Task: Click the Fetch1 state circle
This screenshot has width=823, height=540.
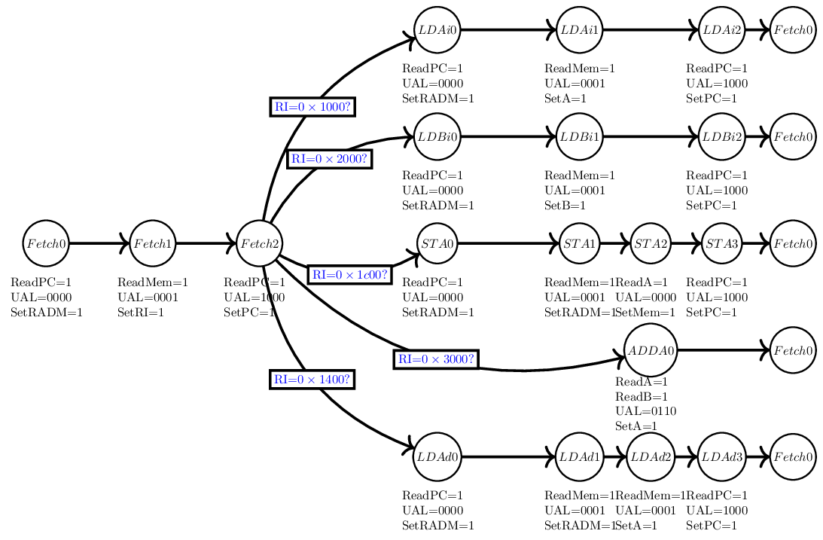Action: tap(153, 243)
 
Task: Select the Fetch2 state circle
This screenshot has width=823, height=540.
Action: tap(260, 243)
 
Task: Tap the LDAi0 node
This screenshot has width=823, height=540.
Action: tap(437, 30)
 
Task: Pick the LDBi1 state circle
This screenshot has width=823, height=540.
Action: tap(580, 137)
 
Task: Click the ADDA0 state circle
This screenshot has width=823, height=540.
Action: tap(651, 350)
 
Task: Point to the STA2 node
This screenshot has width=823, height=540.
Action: tap(651, 243)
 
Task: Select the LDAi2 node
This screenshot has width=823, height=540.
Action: tap(721, 30)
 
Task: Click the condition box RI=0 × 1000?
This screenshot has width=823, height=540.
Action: tap(312, 107)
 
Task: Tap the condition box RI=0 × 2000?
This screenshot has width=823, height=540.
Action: tap(331, 159)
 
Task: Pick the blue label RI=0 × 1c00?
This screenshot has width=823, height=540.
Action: tap(350, 275)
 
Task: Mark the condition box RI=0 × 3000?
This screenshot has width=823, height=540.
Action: tap(437, 359)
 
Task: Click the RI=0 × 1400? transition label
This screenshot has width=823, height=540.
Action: tap(312, 379)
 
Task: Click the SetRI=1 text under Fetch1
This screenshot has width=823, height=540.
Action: tap(141, 313)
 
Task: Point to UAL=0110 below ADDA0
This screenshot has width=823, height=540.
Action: tap(646, 411)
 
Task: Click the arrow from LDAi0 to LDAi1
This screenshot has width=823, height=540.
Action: tap(508, 30)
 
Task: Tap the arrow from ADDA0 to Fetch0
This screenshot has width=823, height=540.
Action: tap(723, 350)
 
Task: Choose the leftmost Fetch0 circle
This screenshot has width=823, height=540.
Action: tap(46, 243)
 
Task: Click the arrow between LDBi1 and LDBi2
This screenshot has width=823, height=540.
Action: tap(651, 137)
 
